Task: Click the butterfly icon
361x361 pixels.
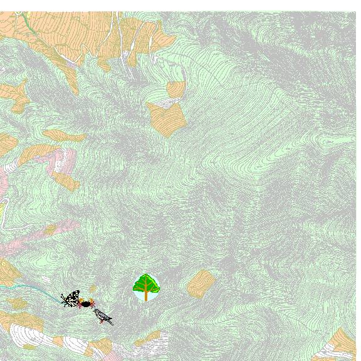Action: (x=71, y=298)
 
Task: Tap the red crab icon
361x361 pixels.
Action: (x=86, y=303)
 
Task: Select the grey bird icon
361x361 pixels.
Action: (x=103, y=317)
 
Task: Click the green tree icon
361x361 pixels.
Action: (x=146, y=287)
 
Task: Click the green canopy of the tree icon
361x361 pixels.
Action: (x=146, y=283)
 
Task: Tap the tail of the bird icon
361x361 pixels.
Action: (x=110, y=322)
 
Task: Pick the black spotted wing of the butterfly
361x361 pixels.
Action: (x=73, y=295)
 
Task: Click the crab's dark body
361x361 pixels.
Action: (x=86, y=304)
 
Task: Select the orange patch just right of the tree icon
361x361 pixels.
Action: (x=201, y=283)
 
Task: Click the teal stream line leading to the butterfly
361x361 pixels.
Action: (x=38, y=288)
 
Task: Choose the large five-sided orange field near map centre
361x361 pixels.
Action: (x=165, y=118)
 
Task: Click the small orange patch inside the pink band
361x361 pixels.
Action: (x=50, y=230)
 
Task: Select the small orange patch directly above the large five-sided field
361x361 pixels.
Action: (x=176, y=89)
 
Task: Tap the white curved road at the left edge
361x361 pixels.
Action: (x=3, y=216)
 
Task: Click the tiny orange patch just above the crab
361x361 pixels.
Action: (x=93, y=290)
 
